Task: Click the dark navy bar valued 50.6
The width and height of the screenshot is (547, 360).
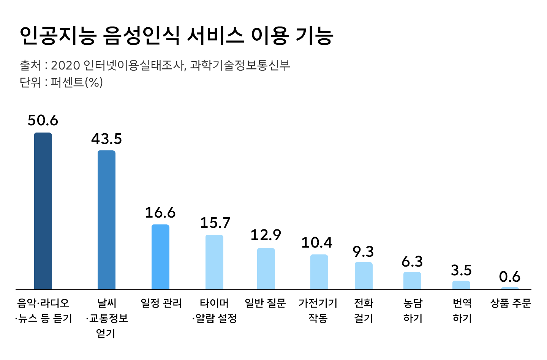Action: coord(43,211)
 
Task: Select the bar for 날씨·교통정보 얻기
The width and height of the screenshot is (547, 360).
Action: coord(106,220)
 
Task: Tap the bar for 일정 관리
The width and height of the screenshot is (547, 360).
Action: coord(160,257)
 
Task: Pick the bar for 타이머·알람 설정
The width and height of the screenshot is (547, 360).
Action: coord(214,262)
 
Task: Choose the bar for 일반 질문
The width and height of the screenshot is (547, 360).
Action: coord(266,268)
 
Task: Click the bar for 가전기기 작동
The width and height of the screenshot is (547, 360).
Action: coord(319,272)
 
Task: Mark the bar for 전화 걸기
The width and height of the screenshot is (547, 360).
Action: coord(364,276)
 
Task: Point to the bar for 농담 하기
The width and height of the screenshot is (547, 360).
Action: coord(412,281)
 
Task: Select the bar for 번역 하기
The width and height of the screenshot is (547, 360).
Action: coord(461,285)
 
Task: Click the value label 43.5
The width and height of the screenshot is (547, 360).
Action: coord(106,139)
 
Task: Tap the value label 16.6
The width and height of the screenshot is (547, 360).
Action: coord(160,213)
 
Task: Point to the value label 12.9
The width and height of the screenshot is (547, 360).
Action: coord(266,235)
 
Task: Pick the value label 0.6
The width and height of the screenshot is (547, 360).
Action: coord(510,277)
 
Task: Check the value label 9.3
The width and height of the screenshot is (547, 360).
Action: coord(364,251)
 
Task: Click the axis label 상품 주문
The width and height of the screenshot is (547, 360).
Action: coord(511,303)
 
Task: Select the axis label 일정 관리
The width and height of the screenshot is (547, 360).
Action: coord(161,303)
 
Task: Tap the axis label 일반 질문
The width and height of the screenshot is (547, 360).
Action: coord(265,303)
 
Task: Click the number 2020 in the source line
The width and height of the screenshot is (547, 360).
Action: coord(65,65)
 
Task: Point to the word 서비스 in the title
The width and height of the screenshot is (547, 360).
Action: coord(215,36)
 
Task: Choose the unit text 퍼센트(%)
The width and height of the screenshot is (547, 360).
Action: coord(77,82)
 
